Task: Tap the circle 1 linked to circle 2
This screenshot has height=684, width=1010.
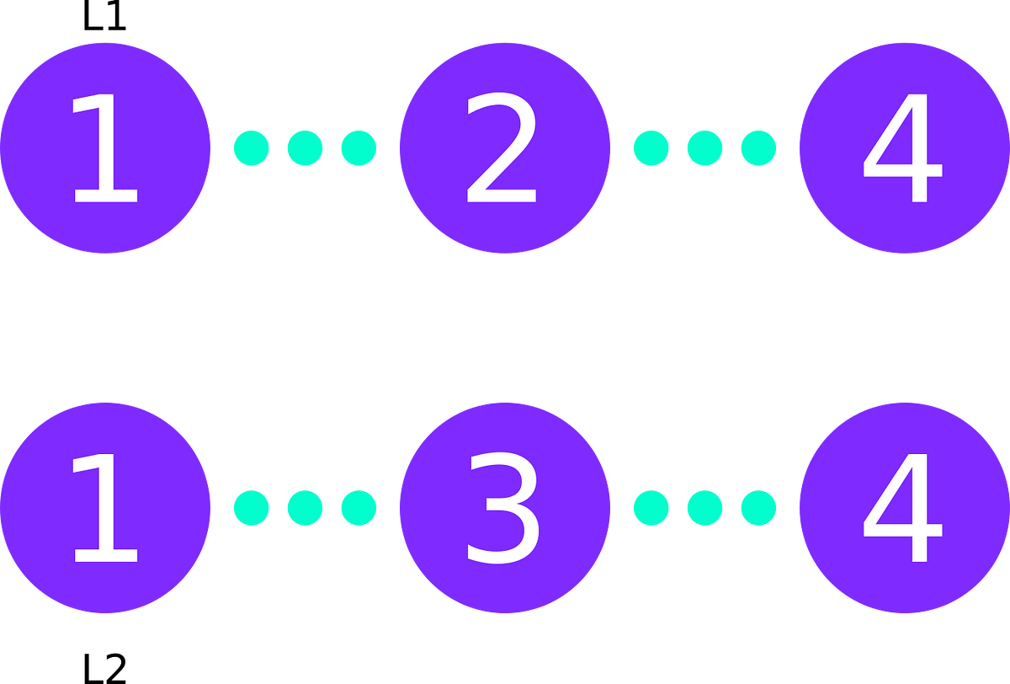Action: [105, 147]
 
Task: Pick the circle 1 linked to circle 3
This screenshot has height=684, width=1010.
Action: [105, 508]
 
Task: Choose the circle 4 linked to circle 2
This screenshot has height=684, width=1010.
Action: [904, 147]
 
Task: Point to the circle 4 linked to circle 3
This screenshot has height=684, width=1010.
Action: [904, 508]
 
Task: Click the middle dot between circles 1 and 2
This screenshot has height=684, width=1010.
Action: [305, 147]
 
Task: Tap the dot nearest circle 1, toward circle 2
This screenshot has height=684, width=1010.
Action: [251, 147]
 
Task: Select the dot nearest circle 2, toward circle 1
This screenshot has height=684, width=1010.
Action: [359, 147]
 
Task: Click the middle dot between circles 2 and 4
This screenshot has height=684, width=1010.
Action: [704, 147]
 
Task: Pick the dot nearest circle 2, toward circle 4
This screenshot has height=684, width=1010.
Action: [651, 147]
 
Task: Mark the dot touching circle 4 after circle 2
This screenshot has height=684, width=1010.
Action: [758, 147]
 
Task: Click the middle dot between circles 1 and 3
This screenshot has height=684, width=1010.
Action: [305, 508]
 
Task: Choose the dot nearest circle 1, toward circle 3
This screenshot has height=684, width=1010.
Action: [251, 508]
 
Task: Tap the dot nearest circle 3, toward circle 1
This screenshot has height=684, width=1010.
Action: [359, 508]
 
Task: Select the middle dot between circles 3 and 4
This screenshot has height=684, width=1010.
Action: [704, 508]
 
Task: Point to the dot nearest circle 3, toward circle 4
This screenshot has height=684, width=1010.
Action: [651, 508]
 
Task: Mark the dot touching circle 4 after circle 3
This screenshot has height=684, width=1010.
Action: [758, 508]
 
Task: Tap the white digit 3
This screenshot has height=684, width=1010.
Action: [502, 509]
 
